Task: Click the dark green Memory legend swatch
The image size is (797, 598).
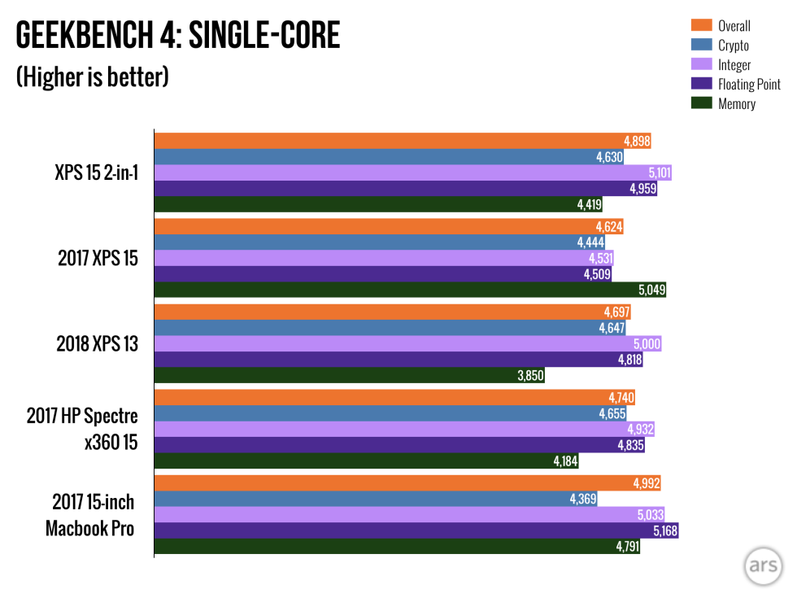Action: pos(702,103)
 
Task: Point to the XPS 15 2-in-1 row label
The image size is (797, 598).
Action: pos(91,172)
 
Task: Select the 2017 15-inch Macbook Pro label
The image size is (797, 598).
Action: pos(90,514)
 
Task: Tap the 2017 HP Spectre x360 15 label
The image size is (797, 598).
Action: pos(82,429)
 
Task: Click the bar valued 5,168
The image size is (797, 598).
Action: pos(416,530)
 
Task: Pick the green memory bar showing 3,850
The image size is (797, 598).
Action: pos(350,376)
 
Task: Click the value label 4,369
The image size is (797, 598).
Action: pos(583,499)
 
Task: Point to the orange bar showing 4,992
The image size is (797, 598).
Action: pos(407,483)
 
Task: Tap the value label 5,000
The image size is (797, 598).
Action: pos(647,344)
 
